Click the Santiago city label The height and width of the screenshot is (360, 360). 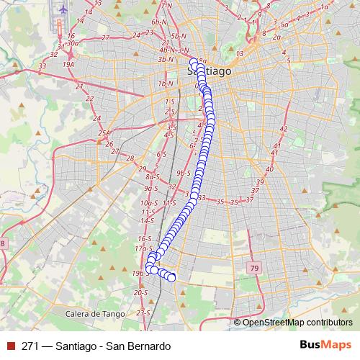click(210, 72)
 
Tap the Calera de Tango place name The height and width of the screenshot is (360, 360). click(94, 314)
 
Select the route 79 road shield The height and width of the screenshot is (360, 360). click(254, 268)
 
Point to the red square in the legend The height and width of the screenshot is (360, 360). click(9, 346)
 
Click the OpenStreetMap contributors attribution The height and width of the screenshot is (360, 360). click(297, 322)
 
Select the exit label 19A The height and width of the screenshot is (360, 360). click(69, 64)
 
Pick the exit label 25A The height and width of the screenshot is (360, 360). click(106, 133)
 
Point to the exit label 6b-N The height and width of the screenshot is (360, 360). click(159, 23)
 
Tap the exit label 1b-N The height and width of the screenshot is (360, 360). click(167, 84)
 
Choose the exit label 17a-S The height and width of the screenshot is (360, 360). click(143, 248)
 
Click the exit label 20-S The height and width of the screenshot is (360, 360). click(140, 293)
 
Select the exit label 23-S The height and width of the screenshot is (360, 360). click(143, 312)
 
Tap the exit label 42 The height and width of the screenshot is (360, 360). click(283, 129)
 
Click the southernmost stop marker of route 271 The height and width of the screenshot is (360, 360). click(171, 277)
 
